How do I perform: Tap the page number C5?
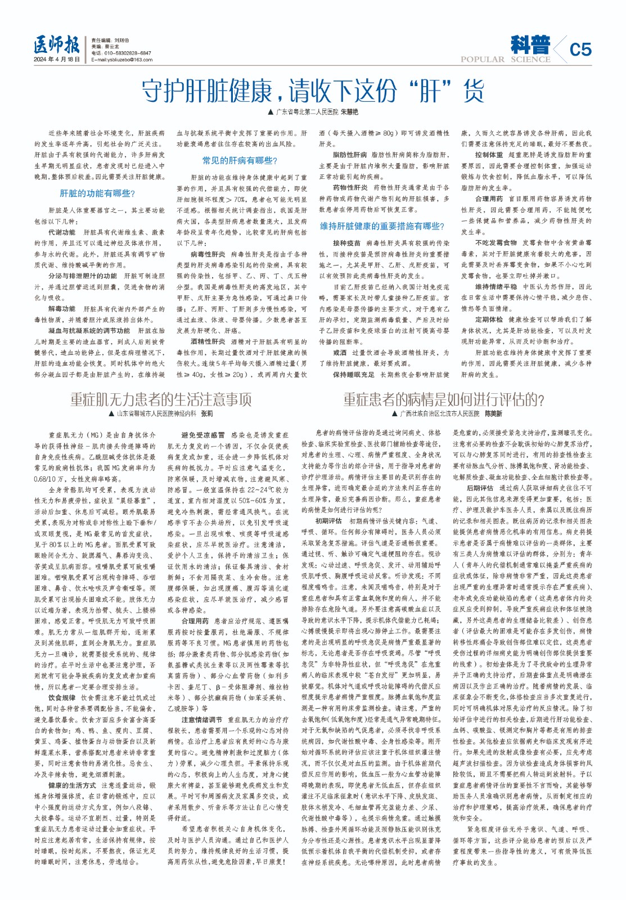click(580, 49)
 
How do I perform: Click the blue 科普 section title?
click(530, 44)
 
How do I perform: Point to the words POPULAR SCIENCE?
click(505, 60)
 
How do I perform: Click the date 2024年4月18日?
click(57, 59)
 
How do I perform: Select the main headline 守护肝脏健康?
click(313, 90)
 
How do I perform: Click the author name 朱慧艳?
click(349, 112)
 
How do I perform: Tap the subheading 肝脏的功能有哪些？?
click(98, 193)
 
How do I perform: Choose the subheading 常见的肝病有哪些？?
click(240, 161)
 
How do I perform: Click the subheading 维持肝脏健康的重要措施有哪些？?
click(382, 226)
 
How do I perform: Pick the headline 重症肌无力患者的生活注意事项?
click(161, 399)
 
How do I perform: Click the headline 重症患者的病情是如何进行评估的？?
click(444, 399)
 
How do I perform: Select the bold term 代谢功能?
click(62, 232)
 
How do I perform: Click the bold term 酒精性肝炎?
click(208, 341)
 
